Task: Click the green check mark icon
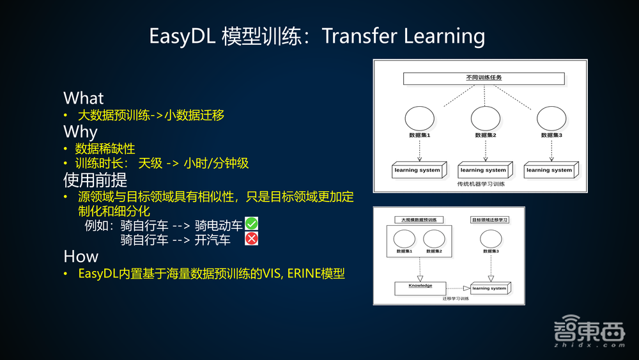point(252,224)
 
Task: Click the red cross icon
point(252,239)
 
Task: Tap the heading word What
point(84,98)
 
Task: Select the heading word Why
point(81,132)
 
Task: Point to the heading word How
point(81,256)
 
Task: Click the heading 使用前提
point(95,180)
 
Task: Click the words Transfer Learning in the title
point(403,36)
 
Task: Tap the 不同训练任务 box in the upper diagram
point(484,78)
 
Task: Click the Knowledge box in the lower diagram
point(420,286)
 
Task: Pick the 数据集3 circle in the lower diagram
point(490,239)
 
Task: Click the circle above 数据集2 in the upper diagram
point(486,118)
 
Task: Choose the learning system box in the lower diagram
point(489,288)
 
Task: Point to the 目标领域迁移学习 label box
point(490,219)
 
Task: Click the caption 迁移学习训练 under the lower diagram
point(456,299)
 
